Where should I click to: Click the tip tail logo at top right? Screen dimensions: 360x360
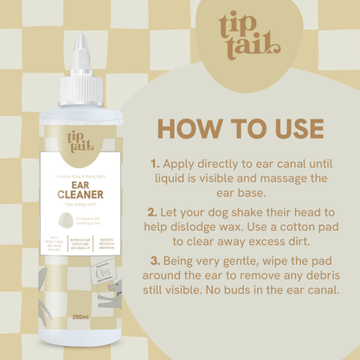tap(250, 35)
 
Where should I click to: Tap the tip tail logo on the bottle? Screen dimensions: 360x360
tap(80, 144)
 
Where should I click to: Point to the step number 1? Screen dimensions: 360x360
tap(156, 162)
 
